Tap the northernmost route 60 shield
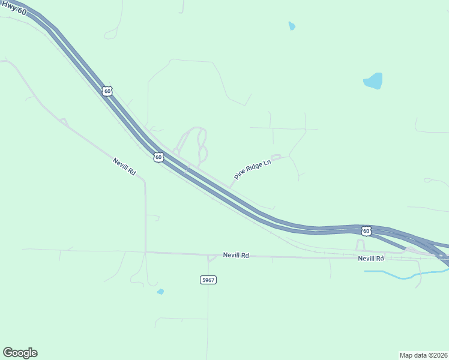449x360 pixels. [107, 91]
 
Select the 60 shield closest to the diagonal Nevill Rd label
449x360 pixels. [158, 157]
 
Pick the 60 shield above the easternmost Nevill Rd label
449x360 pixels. [366, 230]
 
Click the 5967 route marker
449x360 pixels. [208, 280]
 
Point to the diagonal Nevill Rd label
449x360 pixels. [124, 167]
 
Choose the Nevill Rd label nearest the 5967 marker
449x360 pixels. [235, 256]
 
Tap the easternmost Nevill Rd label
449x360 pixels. [370, 258]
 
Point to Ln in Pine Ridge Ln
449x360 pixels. [268, 161]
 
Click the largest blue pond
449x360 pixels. [373, 81]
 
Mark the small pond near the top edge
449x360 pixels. [292, 26]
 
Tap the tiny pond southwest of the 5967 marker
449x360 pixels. [160, 292]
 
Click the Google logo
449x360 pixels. [20, 353]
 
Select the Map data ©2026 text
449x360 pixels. [423, 355]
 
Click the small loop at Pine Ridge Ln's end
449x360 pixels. [276, 157]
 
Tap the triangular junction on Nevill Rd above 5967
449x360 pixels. [211, 258]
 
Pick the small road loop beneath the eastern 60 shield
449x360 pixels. [360, 245]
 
